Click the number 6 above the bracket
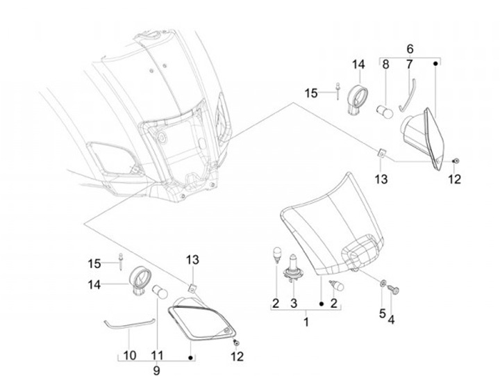[x=409, y=49]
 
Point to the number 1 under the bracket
[x=306, y=322]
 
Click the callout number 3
[x=294, y=303]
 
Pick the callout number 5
[x=382, y=313]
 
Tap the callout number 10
[x=130, y=355]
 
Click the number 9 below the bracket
[x=156, y=370]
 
